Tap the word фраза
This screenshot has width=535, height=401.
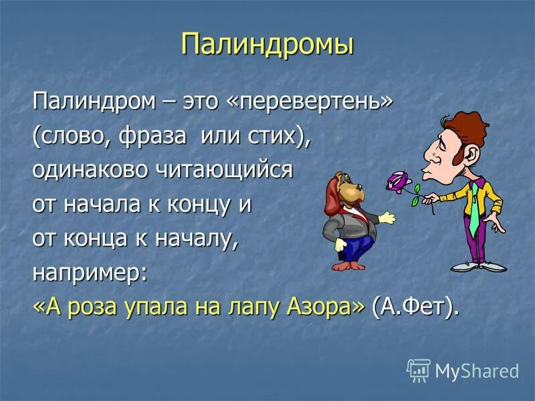[145, 136]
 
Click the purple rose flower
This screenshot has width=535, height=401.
[399, 181]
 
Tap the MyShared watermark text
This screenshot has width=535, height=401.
[477, 371]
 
